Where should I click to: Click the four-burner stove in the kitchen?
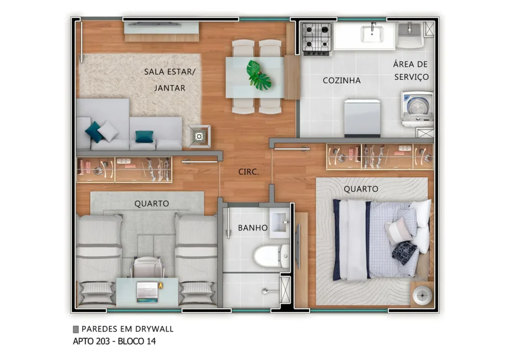click(317, 38)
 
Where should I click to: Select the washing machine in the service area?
click(417, 108)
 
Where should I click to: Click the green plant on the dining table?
click(258, 75)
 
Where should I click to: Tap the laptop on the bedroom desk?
click(147, 290)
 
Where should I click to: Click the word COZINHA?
click(341, 80)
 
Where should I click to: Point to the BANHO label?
click(253, 228)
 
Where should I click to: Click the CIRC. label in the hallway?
click(249, 172)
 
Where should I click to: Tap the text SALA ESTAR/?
click(170, 72)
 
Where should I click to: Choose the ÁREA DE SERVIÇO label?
click(411, 71)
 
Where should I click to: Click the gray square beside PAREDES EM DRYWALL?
click(76, 329)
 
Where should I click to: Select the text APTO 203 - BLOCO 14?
click(115, 341)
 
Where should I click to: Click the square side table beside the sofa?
click(199, 136)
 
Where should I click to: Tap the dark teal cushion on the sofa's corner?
click(93, 131)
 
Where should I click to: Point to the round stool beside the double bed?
click(422, 293)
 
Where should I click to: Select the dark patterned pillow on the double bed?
click(405, 252)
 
